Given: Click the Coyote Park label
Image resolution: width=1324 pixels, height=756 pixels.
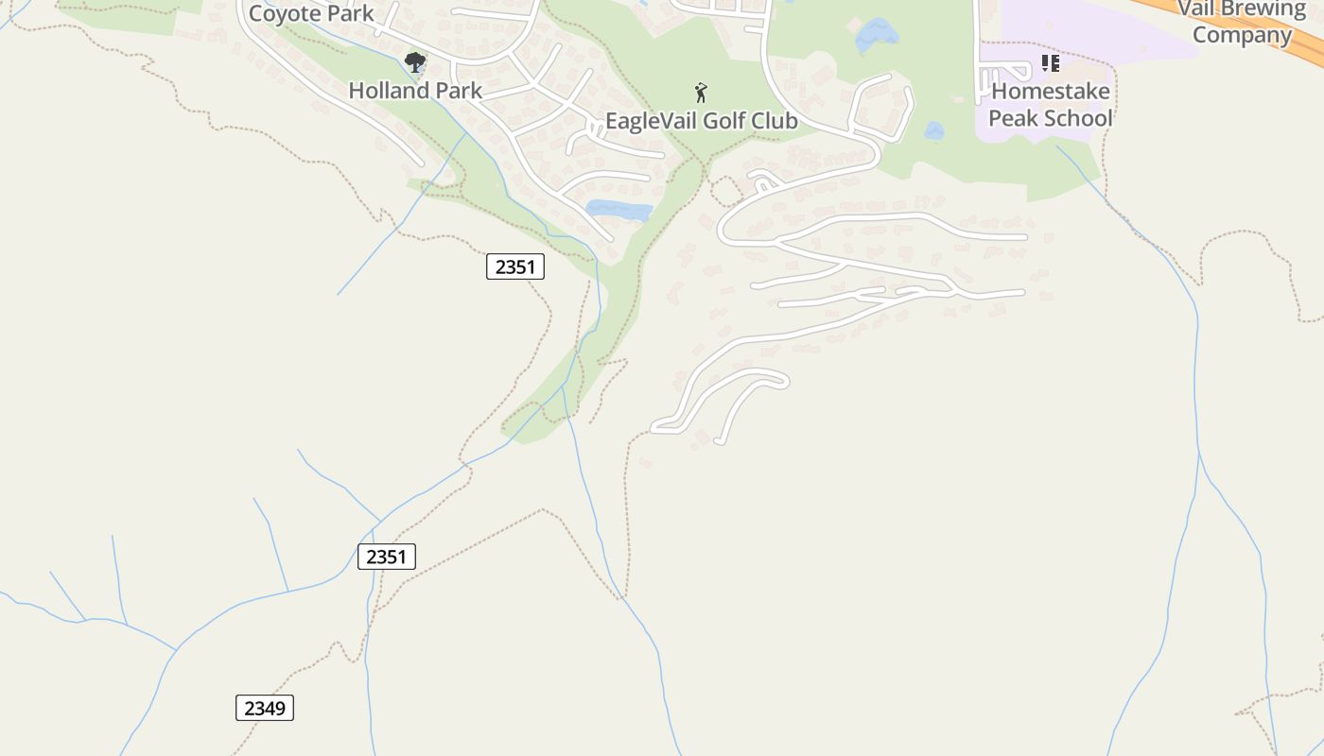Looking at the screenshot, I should click(311, 14).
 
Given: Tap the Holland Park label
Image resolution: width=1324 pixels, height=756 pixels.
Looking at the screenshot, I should click(415, 91).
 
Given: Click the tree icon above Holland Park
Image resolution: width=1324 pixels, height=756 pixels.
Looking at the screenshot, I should click(414, 63).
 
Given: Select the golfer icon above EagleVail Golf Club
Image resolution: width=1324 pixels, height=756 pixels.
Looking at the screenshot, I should click(701, 93).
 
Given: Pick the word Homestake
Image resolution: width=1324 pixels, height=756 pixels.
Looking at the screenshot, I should click(1051, 93).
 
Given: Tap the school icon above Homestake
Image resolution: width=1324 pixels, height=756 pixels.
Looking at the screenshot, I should click(1050, 63).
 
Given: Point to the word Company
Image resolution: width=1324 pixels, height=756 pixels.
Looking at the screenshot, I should click(1242, 35).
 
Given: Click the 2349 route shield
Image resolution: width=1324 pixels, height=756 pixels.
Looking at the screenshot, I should click(265, 708).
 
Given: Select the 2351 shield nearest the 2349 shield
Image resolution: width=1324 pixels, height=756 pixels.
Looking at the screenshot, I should click(387, 557).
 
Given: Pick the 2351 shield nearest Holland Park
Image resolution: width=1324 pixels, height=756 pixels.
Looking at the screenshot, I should click(515, 266).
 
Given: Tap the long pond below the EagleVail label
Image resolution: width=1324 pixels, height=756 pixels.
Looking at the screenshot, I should click(618, 210).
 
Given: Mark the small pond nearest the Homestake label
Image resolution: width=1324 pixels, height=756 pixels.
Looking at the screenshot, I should click(934, 131).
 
